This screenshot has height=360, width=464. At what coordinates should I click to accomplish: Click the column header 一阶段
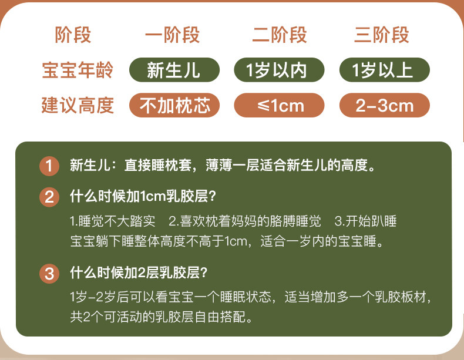pos(172,35)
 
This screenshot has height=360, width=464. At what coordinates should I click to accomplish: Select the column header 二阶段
pos(280,35)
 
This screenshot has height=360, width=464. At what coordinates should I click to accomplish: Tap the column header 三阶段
pos(382,35)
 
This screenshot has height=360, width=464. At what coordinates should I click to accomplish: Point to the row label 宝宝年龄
pos(78,70)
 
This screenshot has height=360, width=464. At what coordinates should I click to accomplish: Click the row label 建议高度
pos(78,105)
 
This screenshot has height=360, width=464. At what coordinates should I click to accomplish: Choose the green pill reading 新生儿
pos(174,70)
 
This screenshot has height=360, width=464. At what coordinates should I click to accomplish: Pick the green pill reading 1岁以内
pos(279,70)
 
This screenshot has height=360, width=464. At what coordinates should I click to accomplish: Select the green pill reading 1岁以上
pos(384,70)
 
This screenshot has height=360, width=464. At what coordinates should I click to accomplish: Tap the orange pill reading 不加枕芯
pos(174,105)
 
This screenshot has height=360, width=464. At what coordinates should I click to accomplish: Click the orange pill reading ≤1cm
pos(279,105)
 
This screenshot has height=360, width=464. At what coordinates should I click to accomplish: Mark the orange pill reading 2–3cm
pos(384,105)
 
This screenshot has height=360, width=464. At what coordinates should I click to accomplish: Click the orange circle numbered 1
pos(49,166)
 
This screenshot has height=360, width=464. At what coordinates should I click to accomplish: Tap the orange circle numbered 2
pos(49,197)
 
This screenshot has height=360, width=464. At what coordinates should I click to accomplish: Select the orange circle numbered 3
pos(49,274)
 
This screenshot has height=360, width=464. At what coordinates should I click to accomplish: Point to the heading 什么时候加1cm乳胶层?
pos(143,196)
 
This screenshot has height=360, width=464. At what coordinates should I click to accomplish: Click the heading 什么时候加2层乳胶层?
pos(139,272)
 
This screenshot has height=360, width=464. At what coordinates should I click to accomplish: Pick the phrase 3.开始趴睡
pos(366,221)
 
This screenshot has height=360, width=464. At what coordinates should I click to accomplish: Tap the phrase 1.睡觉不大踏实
pos(112,221)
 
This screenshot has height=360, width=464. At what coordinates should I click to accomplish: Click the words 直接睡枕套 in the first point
pos(158,166)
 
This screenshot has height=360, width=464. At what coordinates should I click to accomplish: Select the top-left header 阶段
pos(73,35)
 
